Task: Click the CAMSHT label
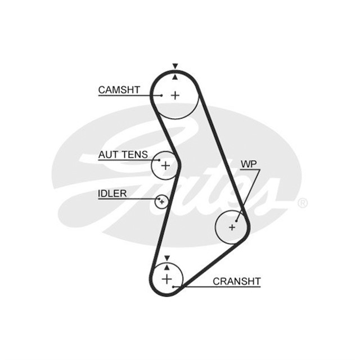pos(119,89)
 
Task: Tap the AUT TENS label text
pos(123,154)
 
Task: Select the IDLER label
pos(112,193)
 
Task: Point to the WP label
pos(249,164)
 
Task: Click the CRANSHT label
pos(236,281)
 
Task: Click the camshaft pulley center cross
pos(175,95)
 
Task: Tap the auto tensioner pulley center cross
pos(165,165)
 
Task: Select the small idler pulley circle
pos(161,201)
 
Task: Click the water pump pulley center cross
pos(232,227)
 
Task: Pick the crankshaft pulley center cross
pos(166,278)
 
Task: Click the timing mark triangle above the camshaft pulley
pos(175,66)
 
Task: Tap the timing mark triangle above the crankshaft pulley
pos(166,258)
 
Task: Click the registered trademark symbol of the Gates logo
pos(303,203)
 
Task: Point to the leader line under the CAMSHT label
pos(127,96)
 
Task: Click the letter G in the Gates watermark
pos(112,163)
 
